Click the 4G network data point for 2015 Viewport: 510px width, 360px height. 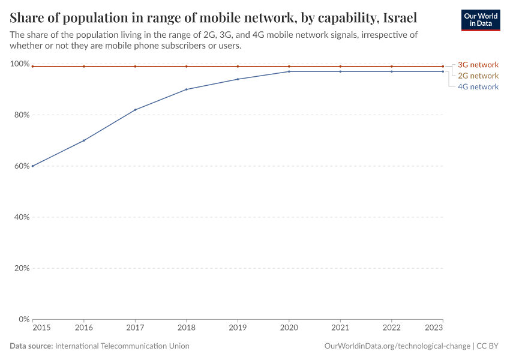coord(32,166)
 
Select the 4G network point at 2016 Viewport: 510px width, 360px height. coord(84,140)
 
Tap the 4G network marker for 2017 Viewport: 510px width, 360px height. coord(135,110)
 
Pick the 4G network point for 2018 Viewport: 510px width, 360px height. coord(187,89)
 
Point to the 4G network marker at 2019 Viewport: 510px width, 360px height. coord(238,79)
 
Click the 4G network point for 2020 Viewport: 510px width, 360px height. coord(289,71)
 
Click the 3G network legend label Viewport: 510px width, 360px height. coord(478,65)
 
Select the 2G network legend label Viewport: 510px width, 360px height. coord(478,76)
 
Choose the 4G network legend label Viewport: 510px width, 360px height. coord(478,86)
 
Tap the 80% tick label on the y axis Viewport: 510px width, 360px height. coord(21,115)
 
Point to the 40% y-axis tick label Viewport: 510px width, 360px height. coord(21,217)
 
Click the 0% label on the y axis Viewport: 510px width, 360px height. coord(23,319)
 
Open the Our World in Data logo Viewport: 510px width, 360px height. coord(480,20)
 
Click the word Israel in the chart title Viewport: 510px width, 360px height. coord(399,16)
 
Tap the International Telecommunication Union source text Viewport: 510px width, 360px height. coord(122,346)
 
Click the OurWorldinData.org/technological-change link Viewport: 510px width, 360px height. coord(397,346)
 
